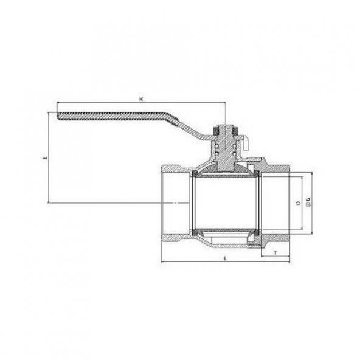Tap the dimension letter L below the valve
(x=226, y=258)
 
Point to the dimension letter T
(x=277, y=251)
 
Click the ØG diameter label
(x=308, y=202)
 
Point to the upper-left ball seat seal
(x=193, y=174)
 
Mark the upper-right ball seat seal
(x=257, y=174)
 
